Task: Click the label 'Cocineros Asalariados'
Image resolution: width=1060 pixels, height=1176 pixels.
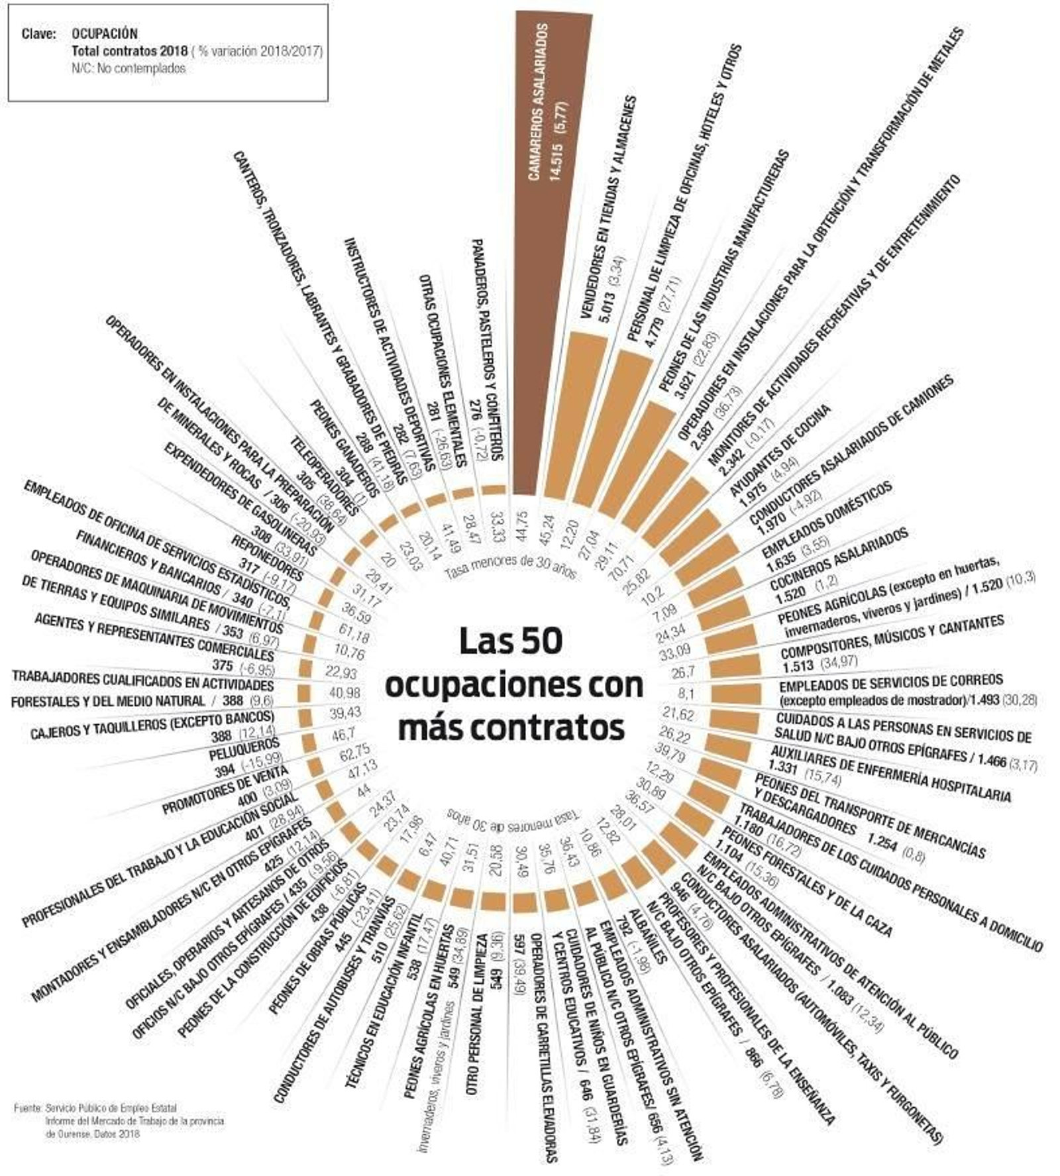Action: [x=839, y=561]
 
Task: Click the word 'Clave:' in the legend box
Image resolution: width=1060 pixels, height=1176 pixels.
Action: [x=38, y=34]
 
